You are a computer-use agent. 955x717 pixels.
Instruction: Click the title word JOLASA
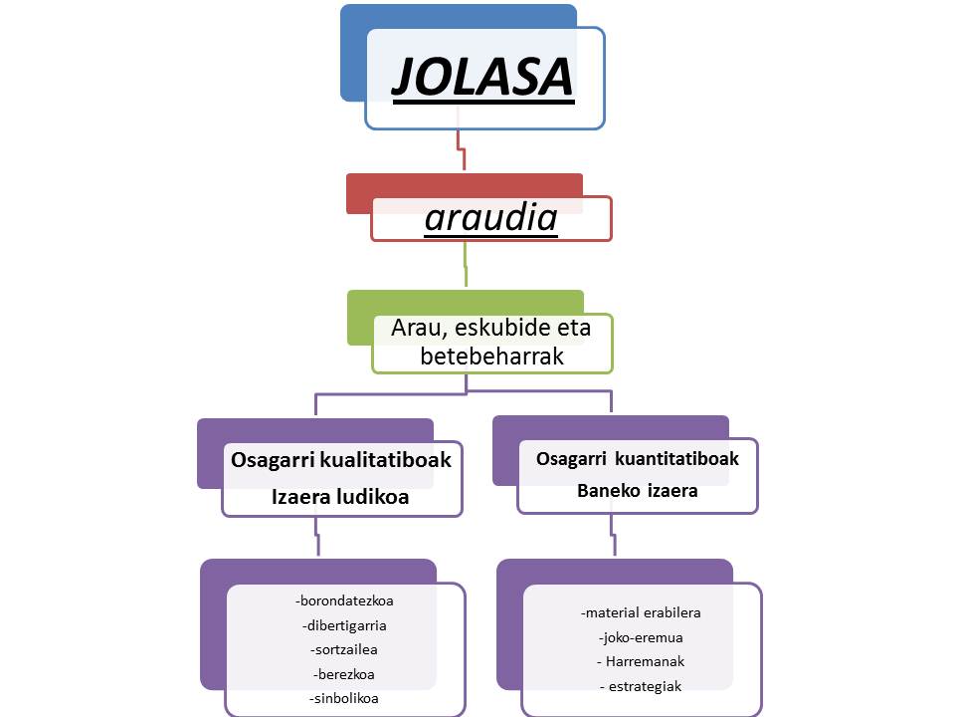click(483, 79)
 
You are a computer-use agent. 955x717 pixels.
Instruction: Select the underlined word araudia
click(490, 218)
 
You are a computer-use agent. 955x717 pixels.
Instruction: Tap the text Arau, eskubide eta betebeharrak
click(491, 342)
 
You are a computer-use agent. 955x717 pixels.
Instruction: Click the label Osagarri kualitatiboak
click(341, 460)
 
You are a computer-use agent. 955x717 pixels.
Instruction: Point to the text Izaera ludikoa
click(341, 497)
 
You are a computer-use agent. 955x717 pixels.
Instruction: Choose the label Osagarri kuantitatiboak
click(638, 459)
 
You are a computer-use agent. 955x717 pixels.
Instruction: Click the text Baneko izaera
click(638, 491)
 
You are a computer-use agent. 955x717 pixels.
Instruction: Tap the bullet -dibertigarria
click(344, 625)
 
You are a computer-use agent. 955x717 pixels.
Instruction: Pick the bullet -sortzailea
click(344, 649)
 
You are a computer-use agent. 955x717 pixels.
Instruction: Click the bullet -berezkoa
click(344, 674)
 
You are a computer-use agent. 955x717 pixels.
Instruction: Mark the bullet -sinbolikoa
click(344, 698)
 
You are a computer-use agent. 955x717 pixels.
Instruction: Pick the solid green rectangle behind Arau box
click(359, 317)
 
